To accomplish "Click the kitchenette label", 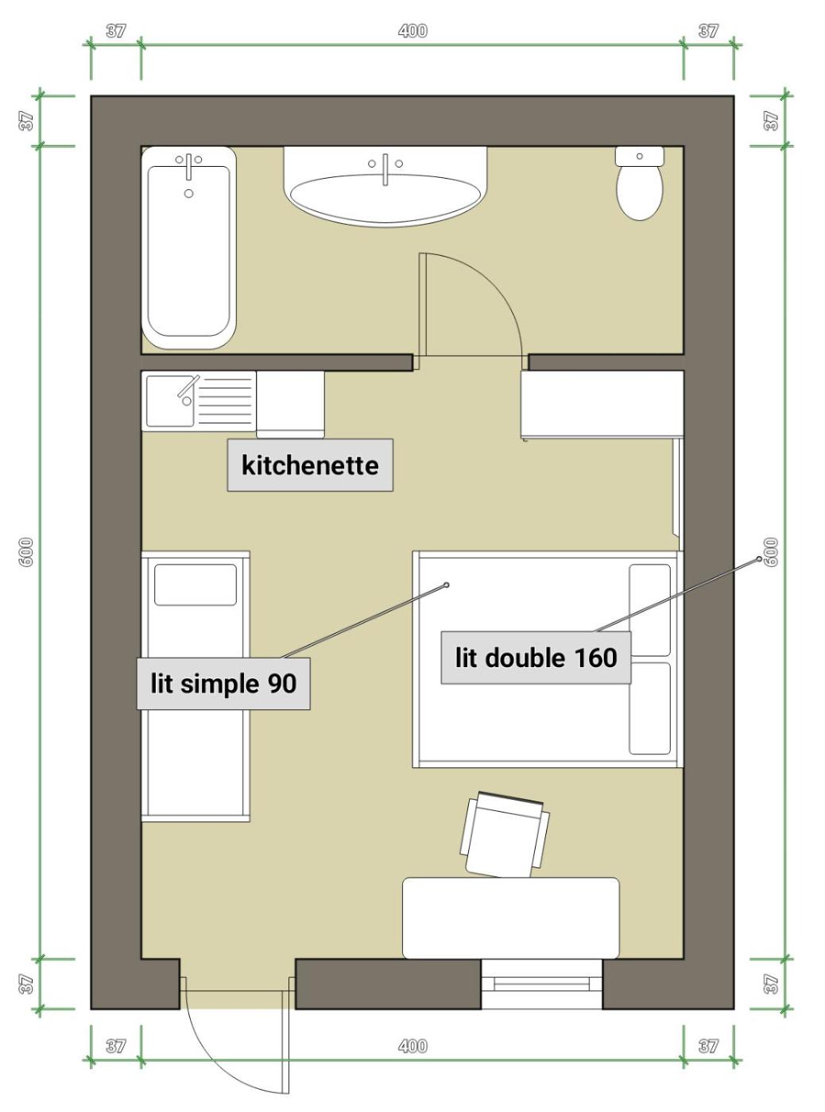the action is [x=310, y=465].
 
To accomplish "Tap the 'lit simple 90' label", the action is [x=223, y=683].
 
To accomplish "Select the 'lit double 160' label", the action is [x=536, y=658].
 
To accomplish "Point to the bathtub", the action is [x=188, y=248].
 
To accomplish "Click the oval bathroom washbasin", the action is [x=385, y=198].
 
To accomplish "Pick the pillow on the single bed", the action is [x=196, y=585].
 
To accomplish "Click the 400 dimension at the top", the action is [x=412, y=31].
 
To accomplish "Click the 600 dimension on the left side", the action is [x=26, y=552].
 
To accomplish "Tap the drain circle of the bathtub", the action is [x=188, y=193].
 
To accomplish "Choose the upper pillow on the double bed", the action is [x=650, y=610].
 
